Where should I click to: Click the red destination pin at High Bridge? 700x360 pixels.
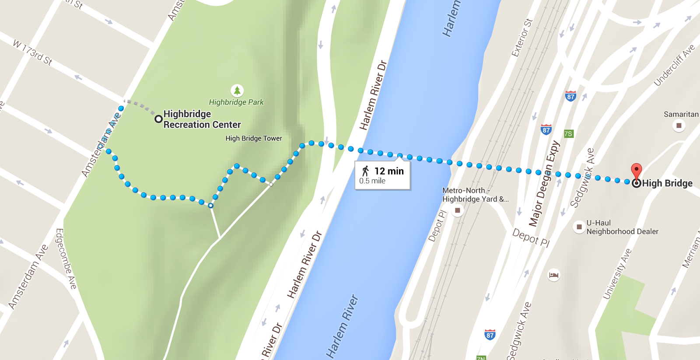tap(637, 170)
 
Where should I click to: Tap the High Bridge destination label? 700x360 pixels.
tap(667, 183)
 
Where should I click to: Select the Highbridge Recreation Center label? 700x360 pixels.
tap(202, 119)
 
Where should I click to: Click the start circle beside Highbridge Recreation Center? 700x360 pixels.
tap(158, 119)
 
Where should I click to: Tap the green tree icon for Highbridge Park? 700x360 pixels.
tap(237, 91)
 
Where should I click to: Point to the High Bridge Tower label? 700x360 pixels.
tap(254, 138)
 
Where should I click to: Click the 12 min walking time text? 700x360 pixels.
tap(389, 171)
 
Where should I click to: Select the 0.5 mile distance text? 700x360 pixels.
tap(372, 181)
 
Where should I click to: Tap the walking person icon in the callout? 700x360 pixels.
tap(365, 171)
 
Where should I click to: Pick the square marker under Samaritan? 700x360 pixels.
tap(679, 126)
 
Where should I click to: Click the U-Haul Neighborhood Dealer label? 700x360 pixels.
tap(622, 227)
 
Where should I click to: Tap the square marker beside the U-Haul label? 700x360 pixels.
tap(579, 227)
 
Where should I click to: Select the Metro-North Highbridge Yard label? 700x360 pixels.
tap(475, 195)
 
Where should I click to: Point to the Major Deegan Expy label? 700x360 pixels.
tap(544, 184)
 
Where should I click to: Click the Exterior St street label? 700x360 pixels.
tap(522, 38)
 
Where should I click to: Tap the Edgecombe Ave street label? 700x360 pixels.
tap(66, 259)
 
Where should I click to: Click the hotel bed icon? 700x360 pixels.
tap(553, 275)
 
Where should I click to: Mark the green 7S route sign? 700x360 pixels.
tap(568, 134)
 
